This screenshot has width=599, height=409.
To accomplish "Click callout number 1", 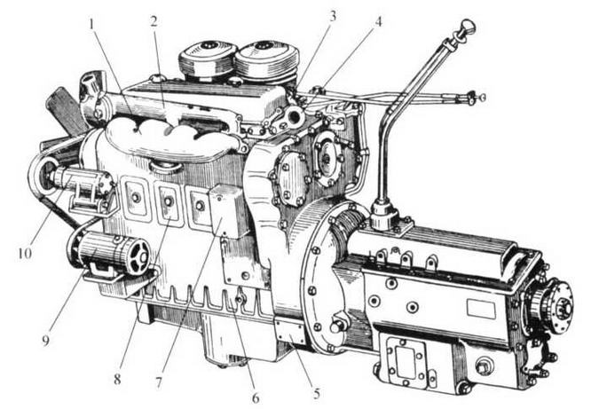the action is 91,25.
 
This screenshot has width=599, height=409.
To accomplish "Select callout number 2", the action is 154,22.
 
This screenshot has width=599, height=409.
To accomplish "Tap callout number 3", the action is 333,17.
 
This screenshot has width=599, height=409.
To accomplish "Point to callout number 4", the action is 377,22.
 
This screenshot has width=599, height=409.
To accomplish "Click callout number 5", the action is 317,393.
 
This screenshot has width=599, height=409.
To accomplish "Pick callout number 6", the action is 256,398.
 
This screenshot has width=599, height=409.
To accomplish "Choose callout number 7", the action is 159,382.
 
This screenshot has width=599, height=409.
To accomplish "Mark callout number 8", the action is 117,379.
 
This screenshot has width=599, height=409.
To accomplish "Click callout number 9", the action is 46,340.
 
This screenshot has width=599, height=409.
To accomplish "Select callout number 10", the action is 25,253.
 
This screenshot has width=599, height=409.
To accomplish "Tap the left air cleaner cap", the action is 206,58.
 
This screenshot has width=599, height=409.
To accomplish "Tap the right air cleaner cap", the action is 265,60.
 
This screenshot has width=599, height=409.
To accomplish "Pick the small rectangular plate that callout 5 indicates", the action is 290,332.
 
